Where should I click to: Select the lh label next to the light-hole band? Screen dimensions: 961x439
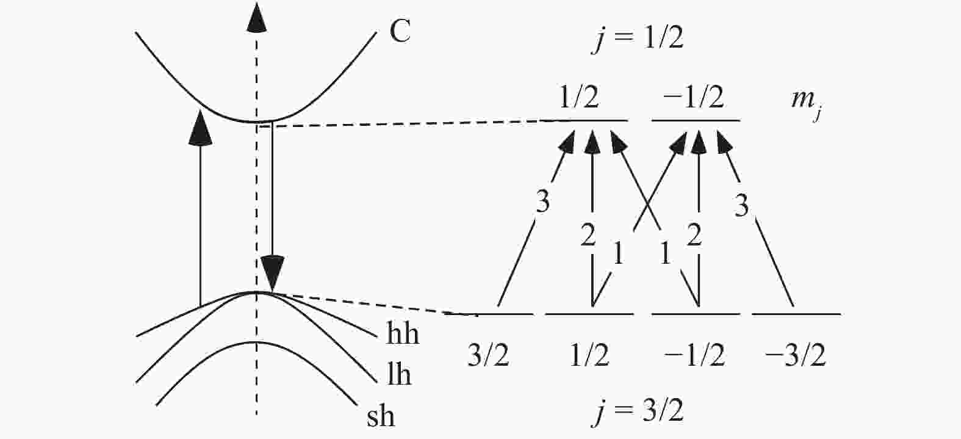pos(399,374)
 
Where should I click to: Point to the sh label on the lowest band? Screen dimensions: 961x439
pos(381,415)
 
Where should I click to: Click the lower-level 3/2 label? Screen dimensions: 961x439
pos(488,355)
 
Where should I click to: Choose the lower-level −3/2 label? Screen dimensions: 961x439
pos(795,355)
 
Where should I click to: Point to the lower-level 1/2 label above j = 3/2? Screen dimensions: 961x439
pos(589,355)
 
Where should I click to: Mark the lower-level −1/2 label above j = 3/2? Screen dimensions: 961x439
pos(694,355)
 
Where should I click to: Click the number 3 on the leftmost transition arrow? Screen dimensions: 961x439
pos(542,201)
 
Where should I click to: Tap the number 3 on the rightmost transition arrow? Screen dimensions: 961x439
pos(741,206)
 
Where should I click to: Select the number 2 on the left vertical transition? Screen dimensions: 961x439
pos(588,234)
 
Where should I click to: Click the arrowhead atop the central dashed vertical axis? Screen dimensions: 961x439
pos(256,17)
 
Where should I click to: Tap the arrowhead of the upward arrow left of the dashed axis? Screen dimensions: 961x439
pos(200,127)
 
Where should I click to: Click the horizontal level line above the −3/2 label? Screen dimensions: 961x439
pos(796,314)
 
